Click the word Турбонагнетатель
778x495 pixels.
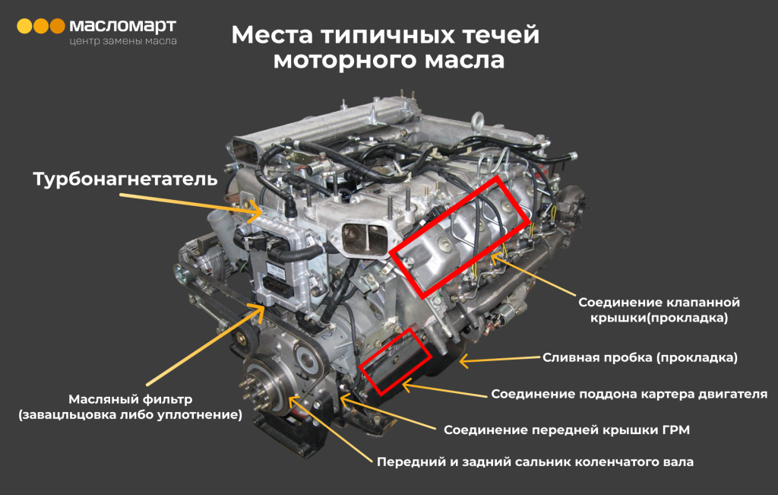coord(125,179)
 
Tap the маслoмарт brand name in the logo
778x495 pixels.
coord(122,27)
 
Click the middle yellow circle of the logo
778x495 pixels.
coord(41,26)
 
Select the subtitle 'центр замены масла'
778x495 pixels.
coord(122,41)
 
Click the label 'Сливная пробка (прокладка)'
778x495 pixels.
coord(640,357)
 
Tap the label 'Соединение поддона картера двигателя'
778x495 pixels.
coord(629,394)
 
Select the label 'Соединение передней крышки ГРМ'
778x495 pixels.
coord(567,430)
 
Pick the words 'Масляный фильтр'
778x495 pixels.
coord(131,399)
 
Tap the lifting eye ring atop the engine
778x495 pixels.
coord(478,122)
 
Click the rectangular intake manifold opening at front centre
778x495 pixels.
coord(365,237)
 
